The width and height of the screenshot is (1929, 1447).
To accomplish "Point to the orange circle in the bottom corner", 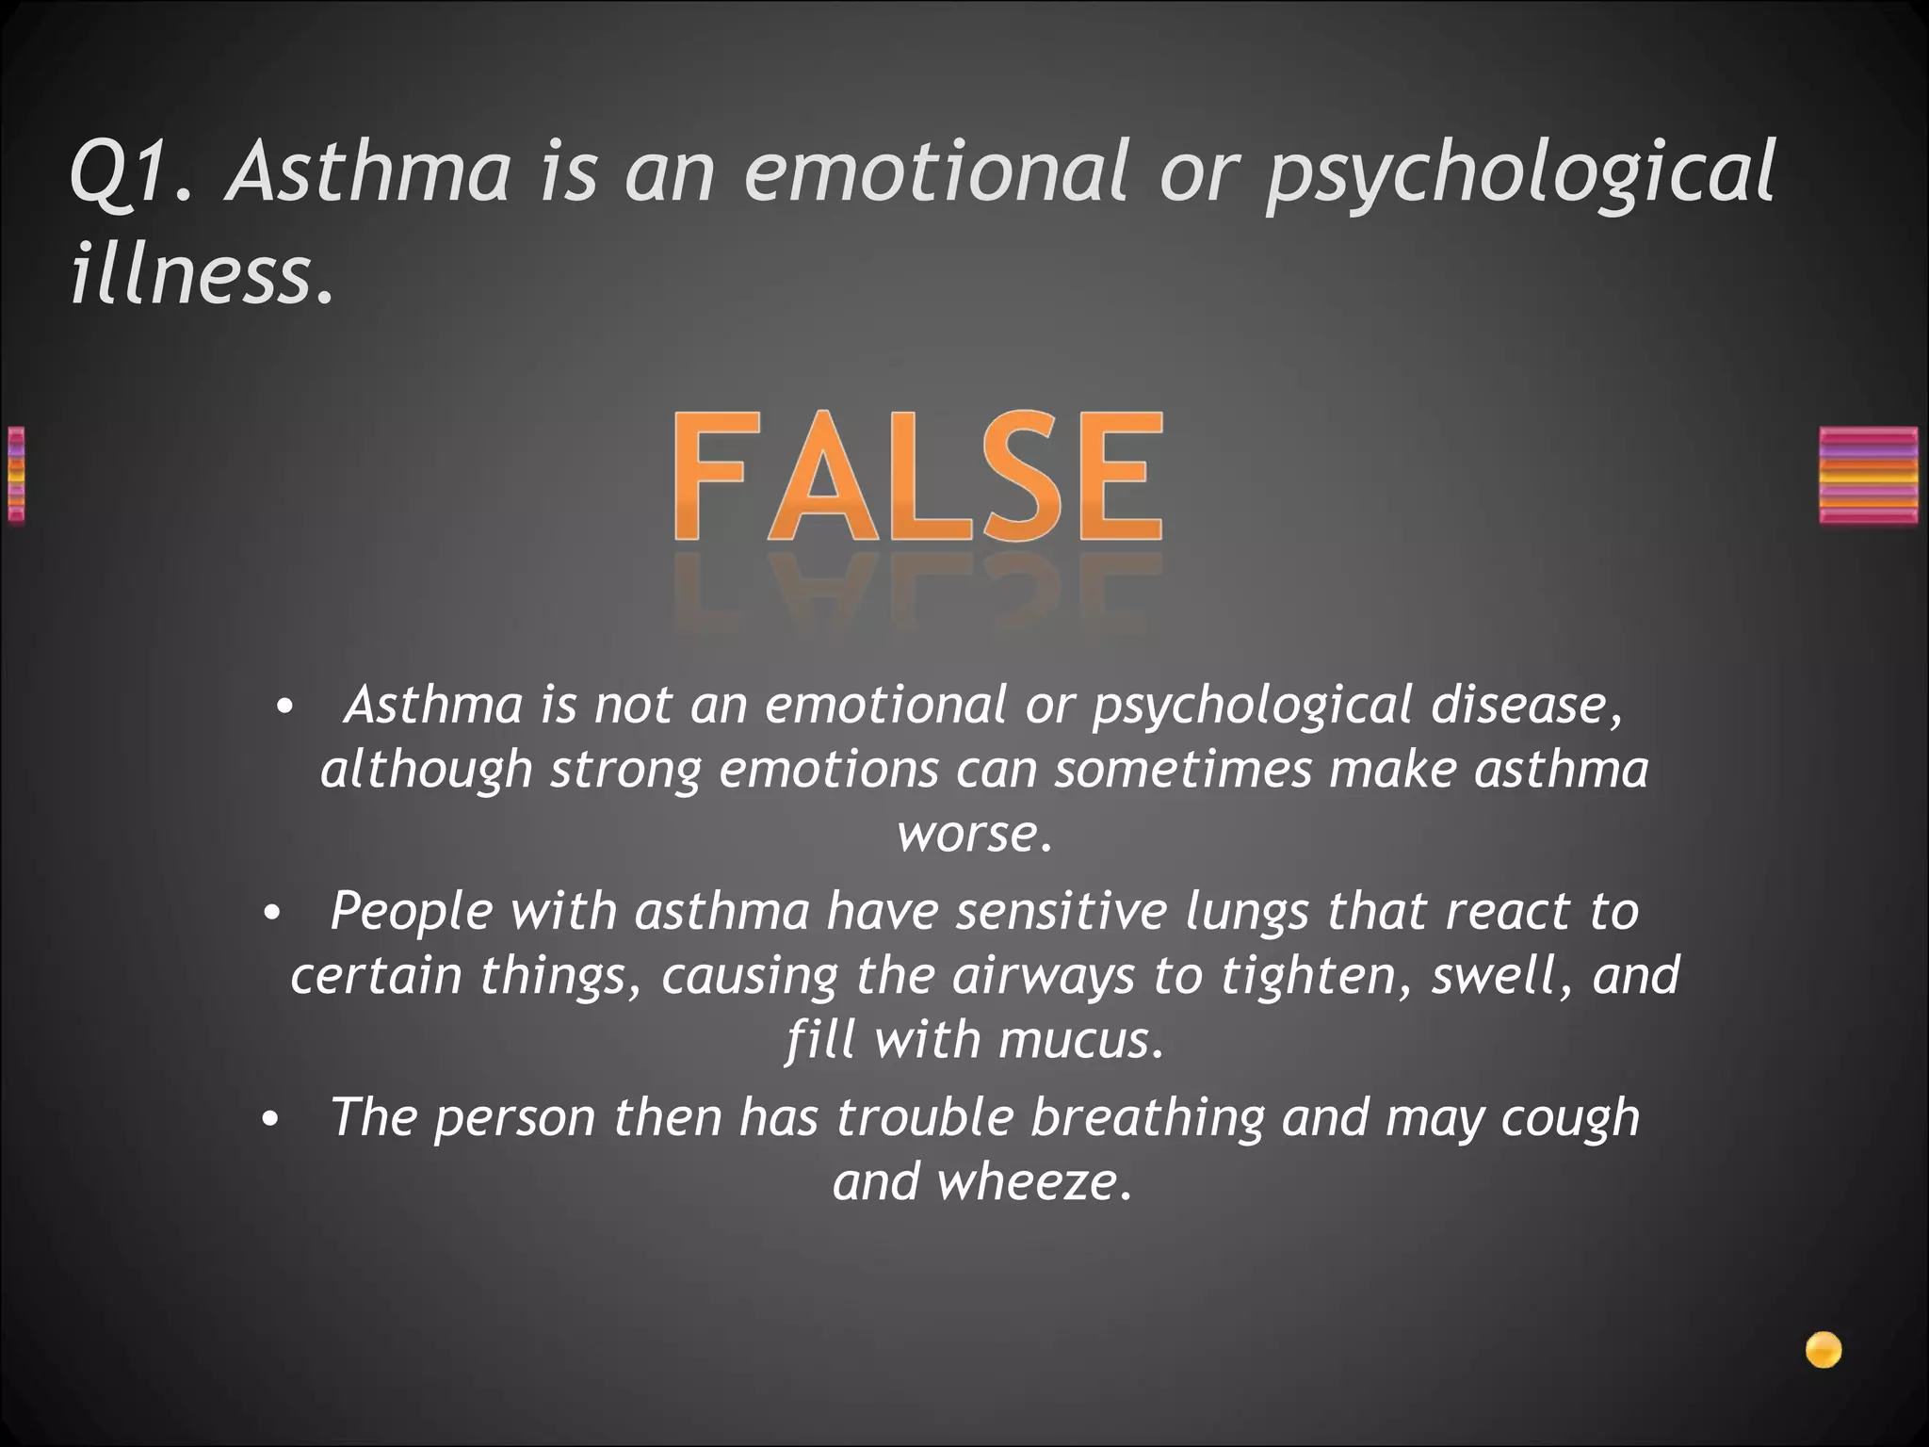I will pos(1824,1350).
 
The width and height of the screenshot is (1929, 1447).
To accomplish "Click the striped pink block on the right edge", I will pos(1868,476).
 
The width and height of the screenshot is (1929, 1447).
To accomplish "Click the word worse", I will pos(972,834).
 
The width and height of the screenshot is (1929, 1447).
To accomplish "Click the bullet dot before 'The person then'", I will pos(271,1119).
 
